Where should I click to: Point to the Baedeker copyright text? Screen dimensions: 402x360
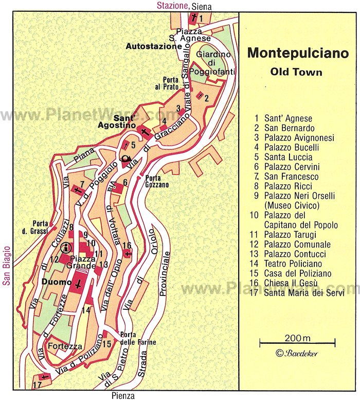[297, 353]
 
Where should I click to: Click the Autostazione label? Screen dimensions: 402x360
[154, 46]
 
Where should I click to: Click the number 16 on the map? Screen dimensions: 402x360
[128, 246]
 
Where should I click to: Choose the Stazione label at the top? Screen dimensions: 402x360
[172, 6]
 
